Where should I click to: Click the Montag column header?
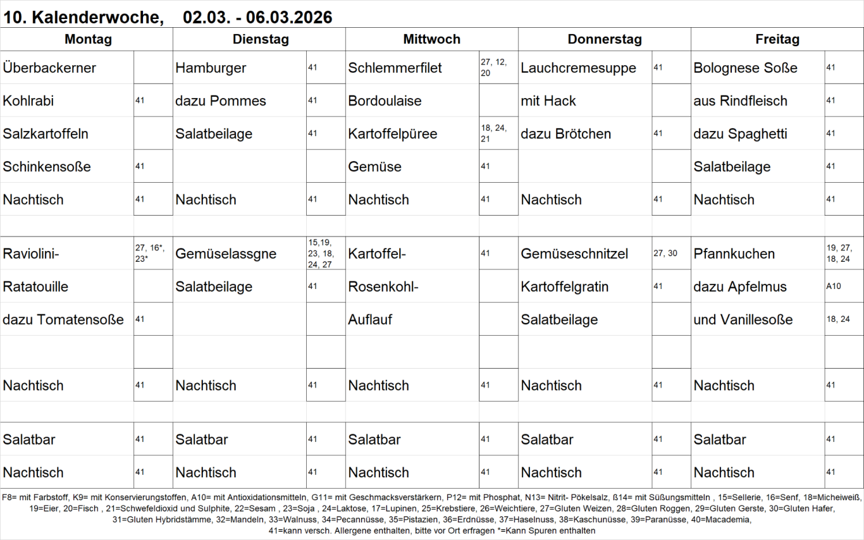point(88,39)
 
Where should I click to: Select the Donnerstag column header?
point(604,39)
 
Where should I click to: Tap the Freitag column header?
point(777,39)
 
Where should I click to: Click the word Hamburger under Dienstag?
point(211,68)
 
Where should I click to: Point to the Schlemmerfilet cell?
point(395,68)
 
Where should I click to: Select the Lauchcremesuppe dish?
point(578,68)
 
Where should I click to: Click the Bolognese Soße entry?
point(745,68)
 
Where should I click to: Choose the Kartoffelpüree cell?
point(392,133)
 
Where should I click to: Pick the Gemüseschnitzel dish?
point(574,254)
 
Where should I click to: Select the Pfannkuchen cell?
point(734,254)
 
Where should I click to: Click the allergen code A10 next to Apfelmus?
point(834,286)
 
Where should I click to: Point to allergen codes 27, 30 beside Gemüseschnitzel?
point(665,253)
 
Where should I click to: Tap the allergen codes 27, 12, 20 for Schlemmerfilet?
point(494,67)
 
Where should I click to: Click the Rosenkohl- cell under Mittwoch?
point(383,286)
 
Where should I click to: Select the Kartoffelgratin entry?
point(564,286)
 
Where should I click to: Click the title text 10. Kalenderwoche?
point(83,18)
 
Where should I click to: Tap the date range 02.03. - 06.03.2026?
point(257,18)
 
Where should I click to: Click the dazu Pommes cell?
point(220,101)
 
